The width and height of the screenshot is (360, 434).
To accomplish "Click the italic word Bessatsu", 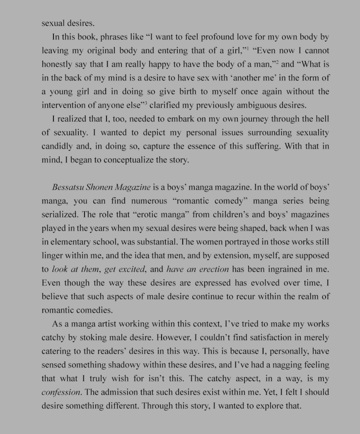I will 68,187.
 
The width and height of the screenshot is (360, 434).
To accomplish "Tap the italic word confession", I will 61,392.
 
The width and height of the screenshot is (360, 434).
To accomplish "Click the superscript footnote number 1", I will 248,49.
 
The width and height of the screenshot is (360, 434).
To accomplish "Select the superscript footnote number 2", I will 276,62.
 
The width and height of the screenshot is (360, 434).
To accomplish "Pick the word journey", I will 253,119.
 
